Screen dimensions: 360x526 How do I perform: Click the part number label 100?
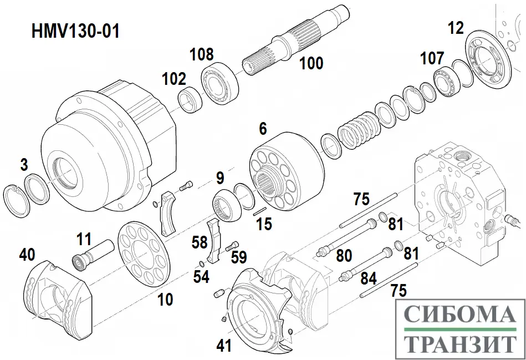[311, 63]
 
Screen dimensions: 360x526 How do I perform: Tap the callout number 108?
[201, 54]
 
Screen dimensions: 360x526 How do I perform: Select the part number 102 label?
[174, 79]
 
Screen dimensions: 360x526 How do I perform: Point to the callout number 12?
[456, 28]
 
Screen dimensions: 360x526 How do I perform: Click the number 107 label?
[432, 58]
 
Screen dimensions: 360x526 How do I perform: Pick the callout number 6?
[263, 129]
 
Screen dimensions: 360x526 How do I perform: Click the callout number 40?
[27, 255]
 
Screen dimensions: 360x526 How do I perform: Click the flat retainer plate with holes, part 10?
[144, 252]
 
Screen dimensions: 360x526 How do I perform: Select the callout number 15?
[265, 225]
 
